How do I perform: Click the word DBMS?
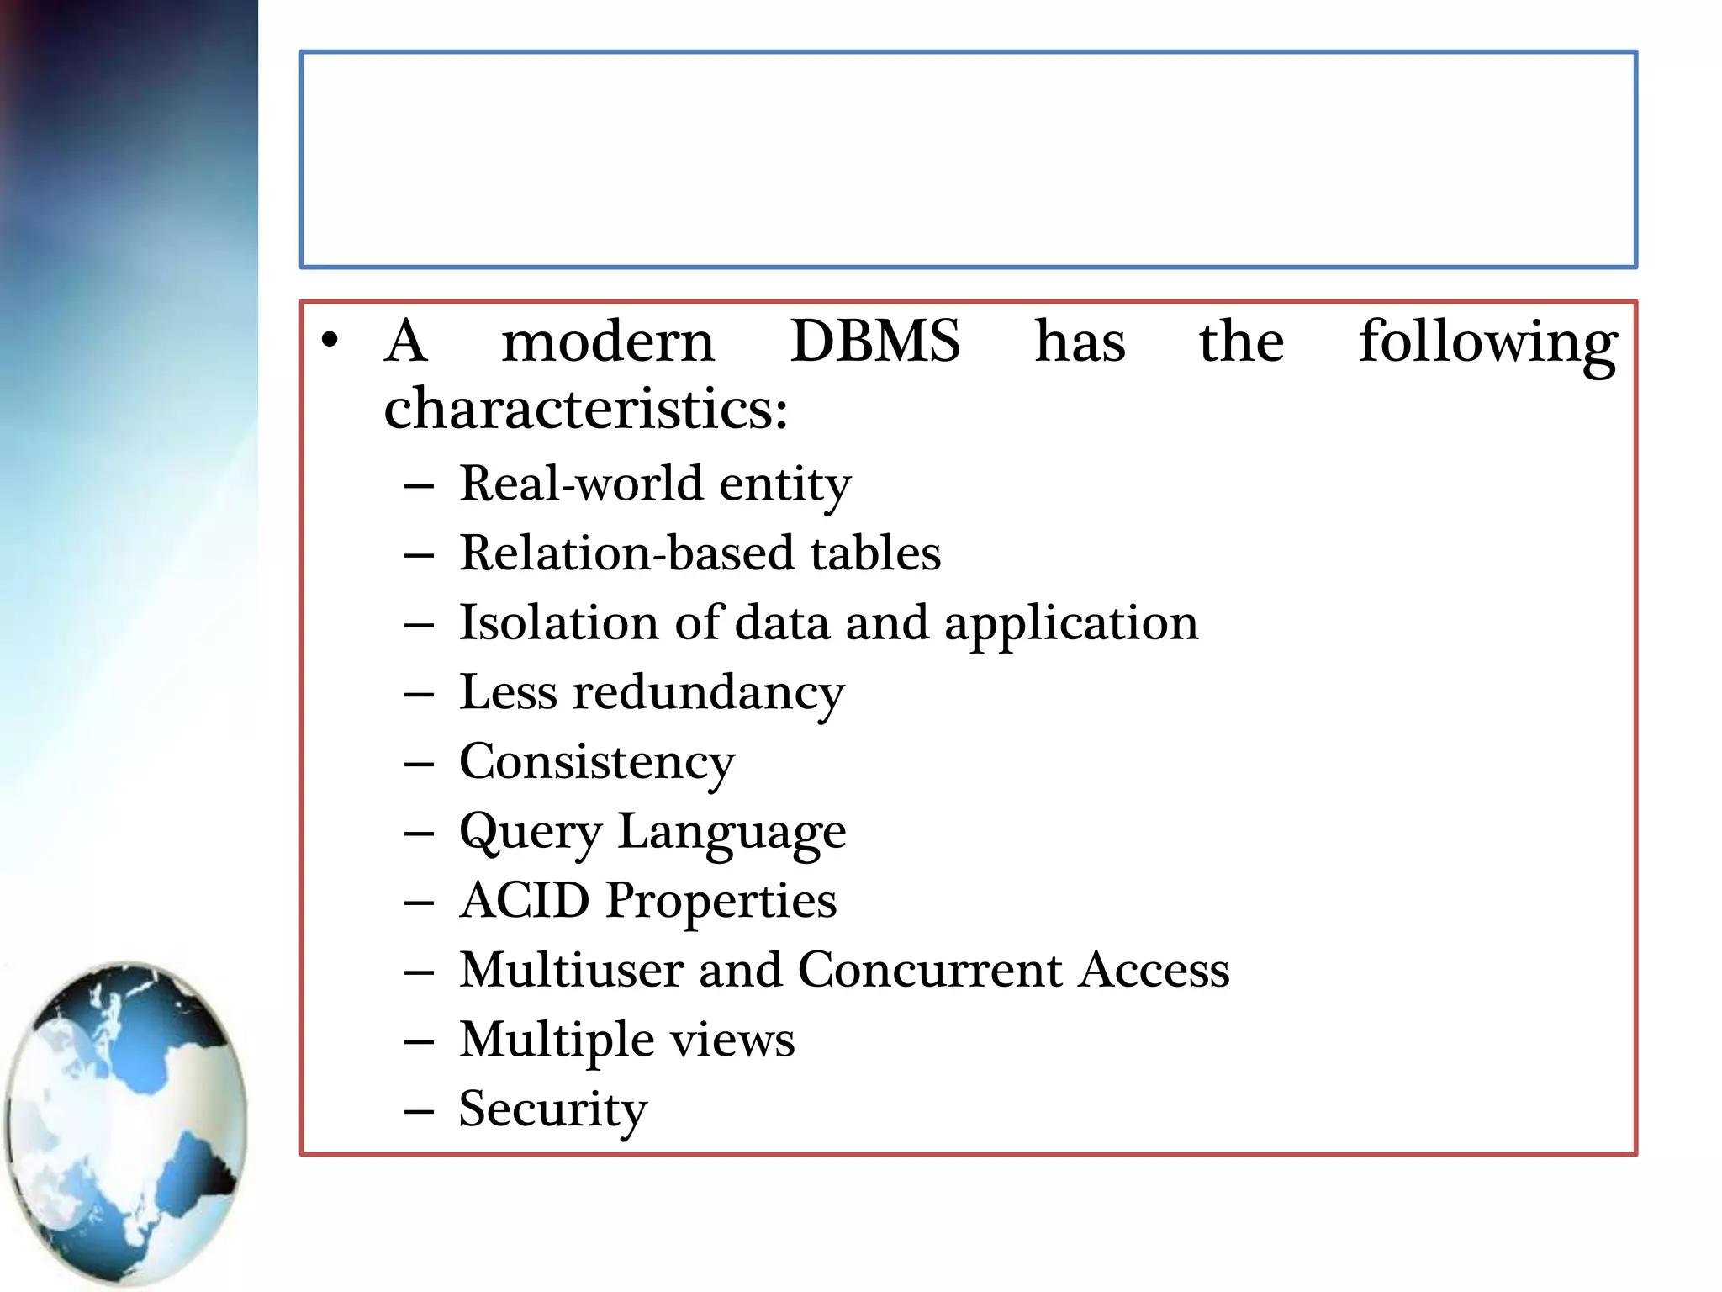pyautogui.click(x=874, y=342)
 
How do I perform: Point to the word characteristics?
pyautogui.click(x=585, y=409)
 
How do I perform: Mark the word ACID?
pyautogui.click(x=526, y=901)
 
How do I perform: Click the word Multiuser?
pyautogui.click(x=571, y=970)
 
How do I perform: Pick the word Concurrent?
pyautogui.click(x=930, y=970)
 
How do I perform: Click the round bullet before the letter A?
pyautogui.click(x=330, y=341)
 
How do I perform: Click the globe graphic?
pyautogui.click(x=126, y=1123)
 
